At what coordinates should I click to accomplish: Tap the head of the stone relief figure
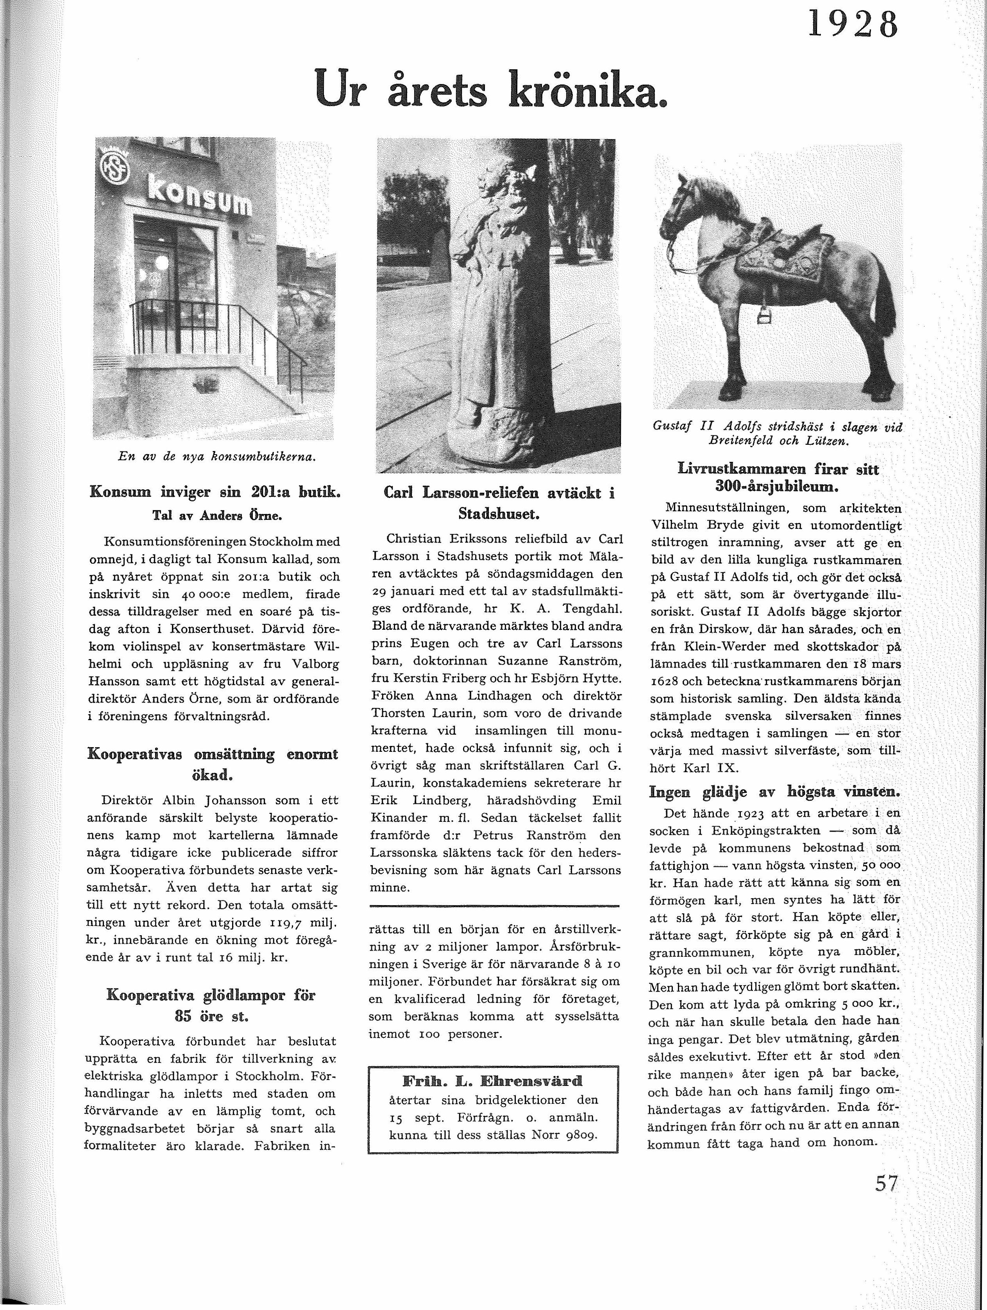pyautogui.click(x=494, y=178)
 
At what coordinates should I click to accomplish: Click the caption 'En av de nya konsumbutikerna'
pyautogui.click(x=216, y=456)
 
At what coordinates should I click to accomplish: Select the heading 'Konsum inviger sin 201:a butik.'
pyautogui.click(x=214, y=492)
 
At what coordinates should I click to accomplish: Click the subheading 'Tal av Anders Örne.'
pyautogui.click(x=216, y=515)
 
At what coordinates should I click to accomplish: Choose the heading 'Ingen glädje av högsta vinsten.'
pyautogui.click(x=774, y=792)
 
